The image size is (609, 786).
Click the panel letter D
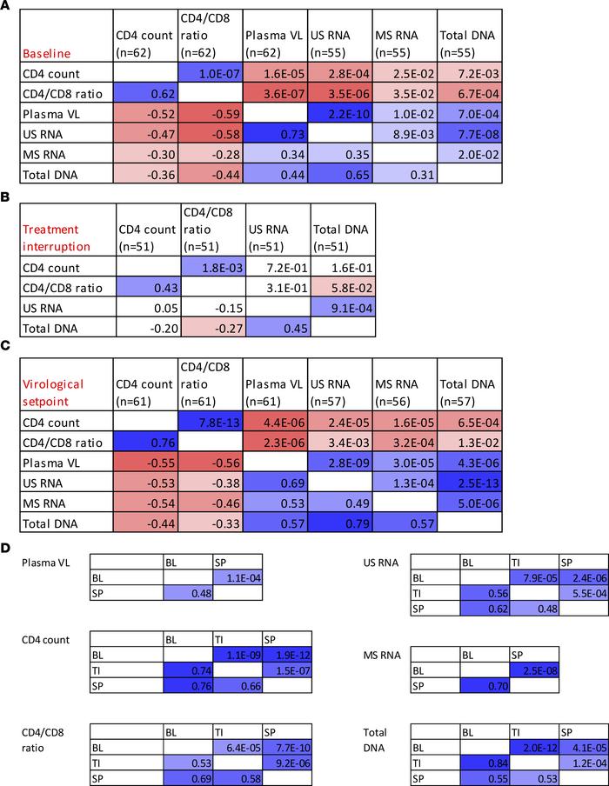coord(7,550)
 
